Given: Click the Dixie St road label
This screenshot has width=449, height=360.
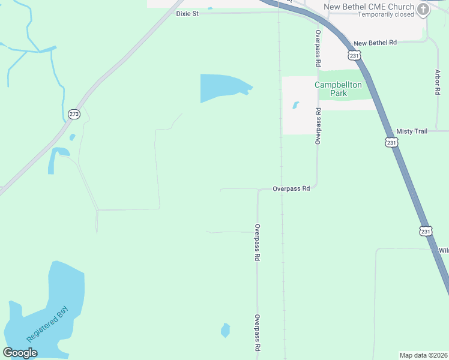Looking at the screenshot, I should [187, 13].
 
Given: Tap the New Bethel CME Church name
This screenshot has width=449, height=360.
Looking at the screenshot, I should [369, 7].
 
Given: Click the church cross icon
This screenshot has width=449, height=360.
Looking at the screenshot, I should [424, 9].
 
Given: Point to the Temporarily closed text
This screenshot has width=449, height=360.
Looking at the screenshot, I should [386, 14].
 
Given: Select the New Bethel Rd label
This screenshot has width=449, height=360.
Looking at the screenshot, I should [375, 43].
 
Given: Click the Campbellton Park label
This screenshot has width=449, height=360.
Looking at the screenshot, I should [339, 89].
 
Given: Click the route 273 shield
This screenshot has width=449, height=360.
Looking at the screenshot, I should [74, 114].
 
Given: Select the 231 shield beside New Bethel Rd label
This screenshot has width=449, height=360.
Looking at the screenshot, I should [354, 56].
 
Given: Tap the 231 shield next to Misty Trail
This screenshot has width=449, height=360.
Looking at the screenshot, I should [391, 142].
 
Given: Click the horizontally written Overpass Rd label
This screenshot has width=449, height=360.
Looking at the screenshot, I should [291, 188].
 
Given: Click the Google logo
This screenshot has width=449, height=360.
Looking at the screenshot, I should [20, 352].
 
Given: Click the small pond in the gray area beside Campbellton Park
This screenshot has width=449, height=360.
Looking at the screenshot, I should [295, 106].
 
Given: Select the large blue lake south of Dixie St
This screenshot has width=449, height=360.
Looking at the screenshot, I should [222, 87].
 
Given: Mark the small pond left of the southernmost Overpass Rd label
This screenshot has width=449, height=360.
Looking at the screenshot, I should [225, 330].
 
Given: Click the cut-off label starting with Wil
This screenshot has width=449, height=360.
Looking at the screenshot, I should [443, 250].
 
